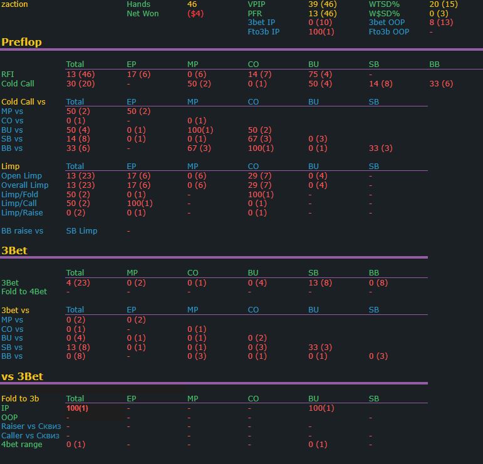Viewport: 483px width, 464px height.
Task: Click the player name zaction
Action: pos(14,4)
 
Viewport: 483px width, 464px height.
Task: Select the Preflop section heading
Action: pos(21,43)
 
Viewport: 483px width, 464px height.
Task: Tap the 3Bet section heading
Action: pos(14,250)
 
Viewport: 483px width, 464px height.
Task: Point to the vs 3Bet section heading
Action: pos(22,376)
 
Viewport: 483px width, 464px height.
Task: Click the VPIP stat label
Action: pos(256,4)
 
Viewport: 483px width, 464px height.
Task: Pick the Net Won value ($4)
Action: pos(195,14)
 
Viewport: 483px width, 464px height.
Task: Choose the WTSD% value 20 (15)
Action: pos(444,4)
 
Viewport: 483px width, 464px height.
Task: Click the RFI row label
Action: pos(8,75)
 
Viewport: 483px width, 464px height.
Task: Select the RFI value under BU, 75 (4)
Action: pos(320,75)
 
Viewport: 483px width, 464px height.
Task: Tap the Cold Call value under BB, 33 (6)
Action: pos(441,84)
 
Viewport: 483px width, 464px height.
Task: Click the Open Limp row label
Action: pos(22,176)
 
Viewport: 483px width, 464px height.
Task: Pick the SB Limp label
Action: pos(81,231)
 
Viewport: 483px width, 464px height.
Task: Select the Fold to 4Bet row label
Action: pos(24,292)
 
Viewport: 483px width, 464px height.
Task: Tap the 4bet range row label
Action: pos(22,445)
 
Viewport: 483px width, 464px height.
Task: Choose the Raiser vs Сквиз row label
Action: pos(31,426)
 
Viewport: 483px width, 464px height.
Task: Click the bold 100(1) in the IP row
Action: pos(77,408)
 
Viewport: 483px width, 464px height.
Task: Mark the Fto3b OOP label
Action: pos(389,32)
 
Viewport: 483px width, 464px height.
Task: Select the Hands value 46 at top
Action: pos(192,4)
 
